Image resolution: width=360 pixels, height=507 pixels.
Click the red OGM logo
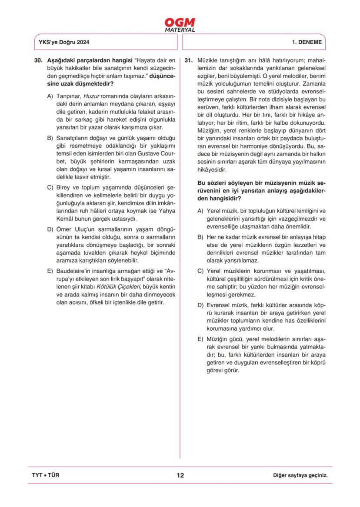180,22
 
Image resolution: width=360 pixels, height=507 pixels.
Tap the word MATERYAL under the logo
180,30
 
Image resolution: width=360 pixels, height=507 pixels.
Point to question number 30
38,60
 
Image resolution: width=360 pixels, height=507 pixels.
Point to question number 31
189,60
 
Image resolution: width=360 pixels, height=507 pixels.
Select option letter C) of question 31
200,272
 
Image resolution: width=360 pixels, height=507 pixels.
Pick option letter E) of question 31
200,338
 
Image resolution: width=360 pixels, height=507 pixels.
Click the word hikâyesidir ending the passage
213,170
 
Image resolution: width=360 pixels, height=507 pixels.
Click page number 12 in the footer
180,475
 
